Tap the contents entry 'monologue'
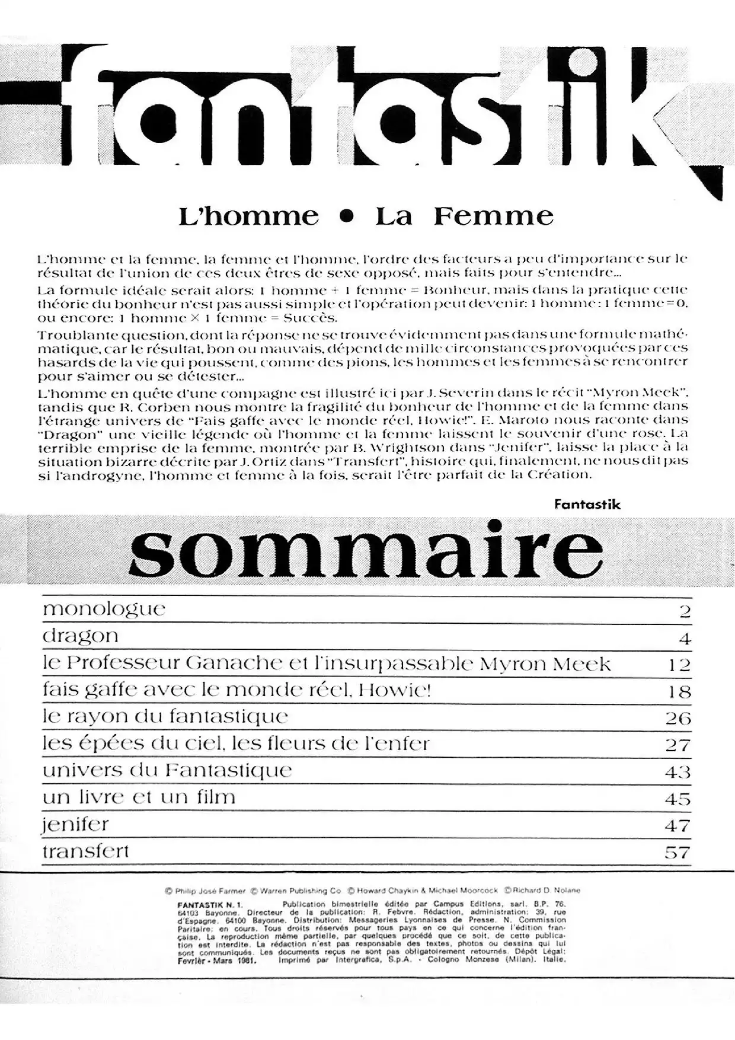coord(104,609)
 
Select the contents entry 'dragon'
coord(81,636)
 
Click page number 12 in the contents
coord(679,665)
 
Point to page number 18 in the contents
coord(679,691)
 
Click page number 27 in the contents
coord(678,745)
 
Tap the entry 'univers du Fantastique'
coord(167,770)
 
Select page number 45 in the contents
coord(678,799)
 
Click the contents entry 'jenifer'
coord(75,825)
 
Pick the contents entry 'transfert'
coord(85,851)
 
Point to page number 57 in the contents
coord(678,853)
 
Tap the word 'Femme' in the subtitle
coord(493,216)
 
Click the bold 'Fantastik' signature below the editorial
coord(587,505)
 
